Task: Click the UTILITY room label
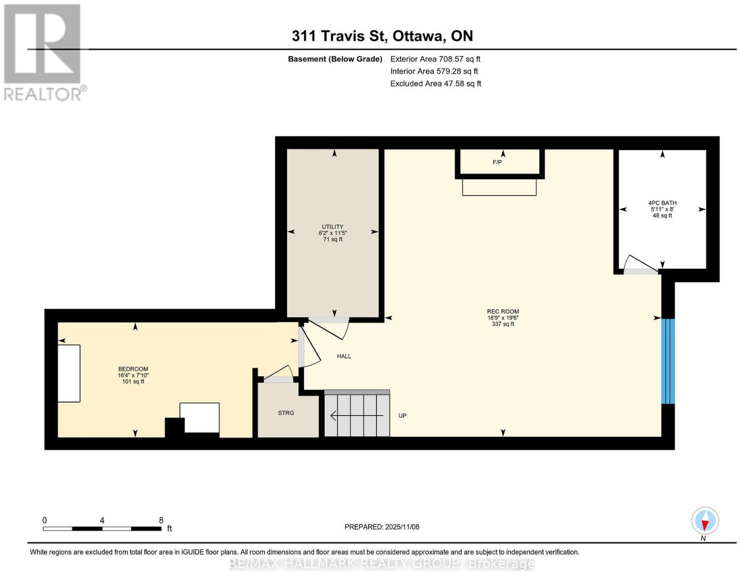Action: click(x=333, y=227)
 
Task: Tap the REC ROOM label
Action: click(x=503, y=311)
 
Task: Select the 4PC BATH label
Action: click(x=662, y=203)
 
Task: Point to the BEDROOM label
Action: click(x=133, y=369)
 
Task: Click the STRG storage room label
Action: click(x=286, y=413)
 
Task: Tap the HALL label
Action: click(x=344, y=357)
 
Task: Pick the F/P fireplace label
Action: click(x=497, y=162)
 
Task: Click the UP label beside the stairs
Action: click(x=402, y=416)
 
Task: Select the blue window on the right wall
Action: click(x=667, y=361)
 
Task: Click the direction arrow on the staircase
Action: click(x=357, y=416)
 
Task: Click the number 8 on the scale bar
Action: click(x=161, y=520)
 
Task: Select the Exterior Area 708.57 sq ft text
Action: click(x=435, y=59)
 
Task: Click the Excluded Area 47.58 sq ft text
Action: click(x=436, y=83)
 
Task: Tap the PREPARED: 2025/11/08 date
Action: click(x=382, y=527)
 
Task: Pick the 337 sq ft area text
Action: click(x=503, y=324)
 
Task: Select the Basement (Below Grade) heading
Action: click(x=335, y=59)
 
